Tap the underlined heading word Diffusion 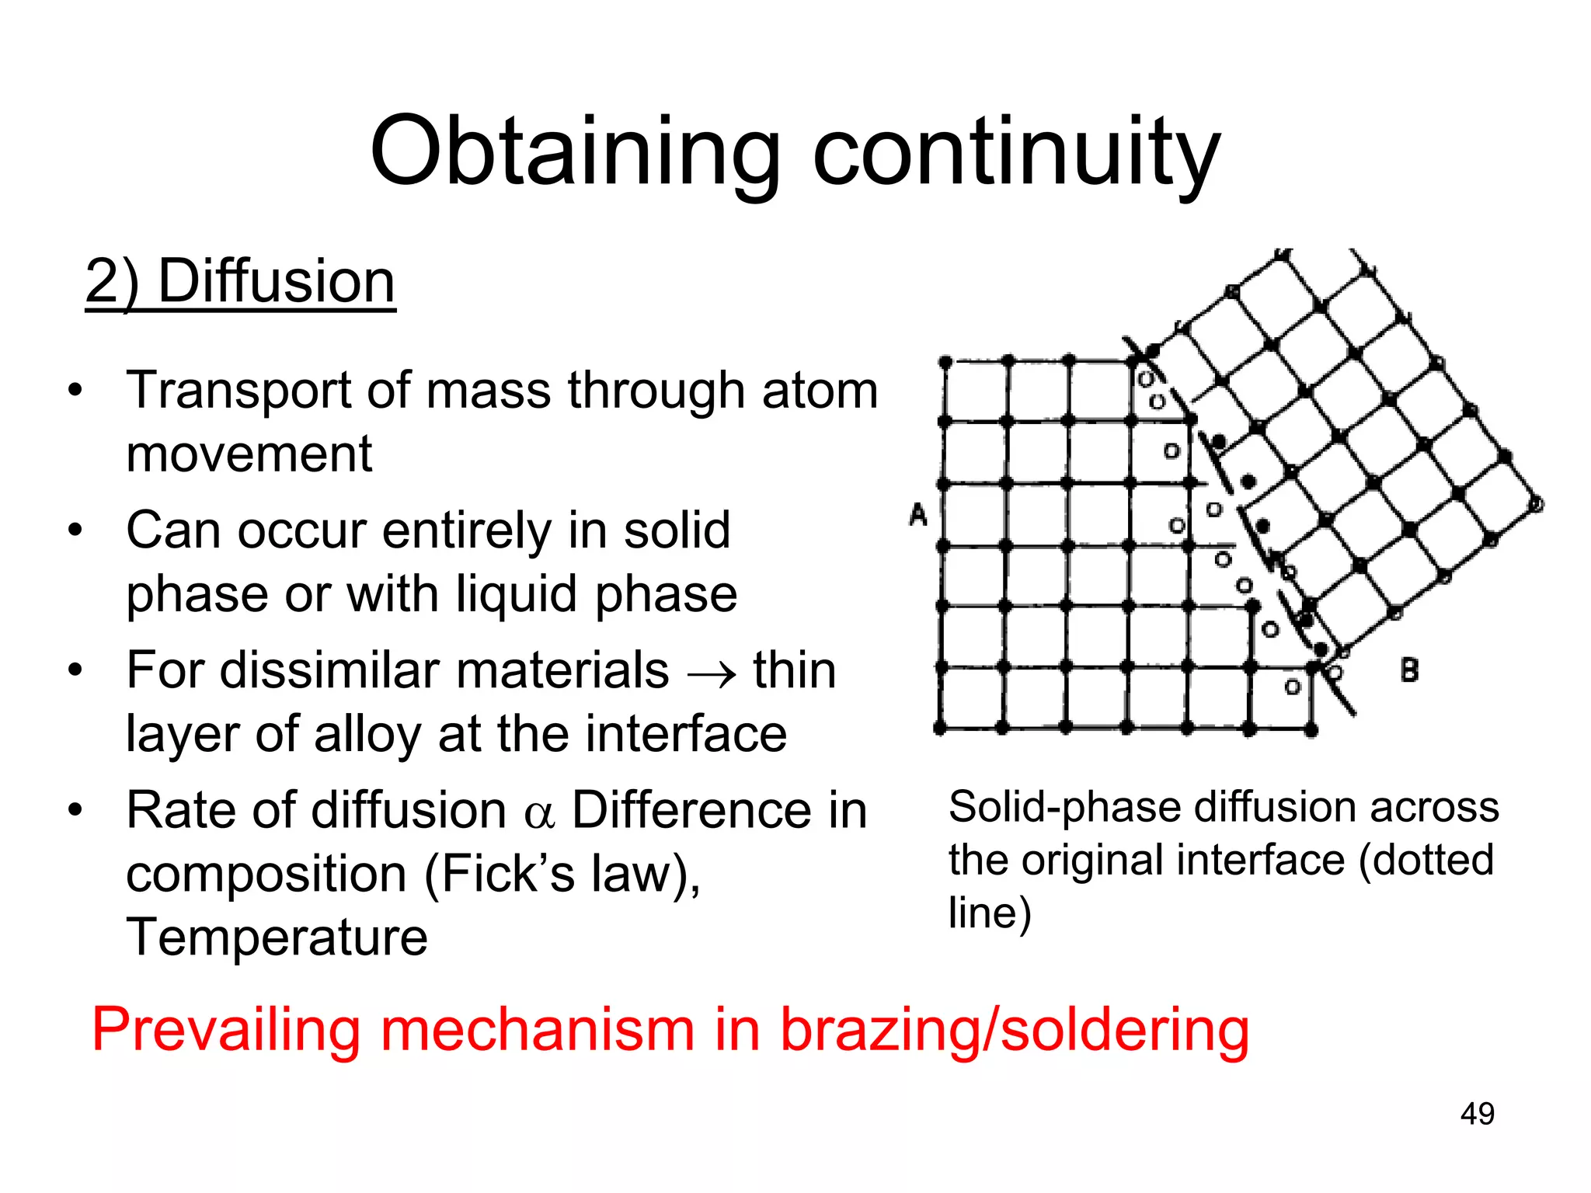277,281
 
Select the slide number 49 1477,1114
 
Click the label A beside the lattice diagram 918,514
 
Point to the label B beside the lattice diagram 1409,670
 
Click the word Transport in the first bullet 240,390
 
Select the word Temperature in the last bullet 277,937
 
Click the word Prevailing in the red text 225,1030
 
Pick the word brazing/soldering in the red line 1015,1030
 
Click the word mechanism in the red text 538,1030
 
